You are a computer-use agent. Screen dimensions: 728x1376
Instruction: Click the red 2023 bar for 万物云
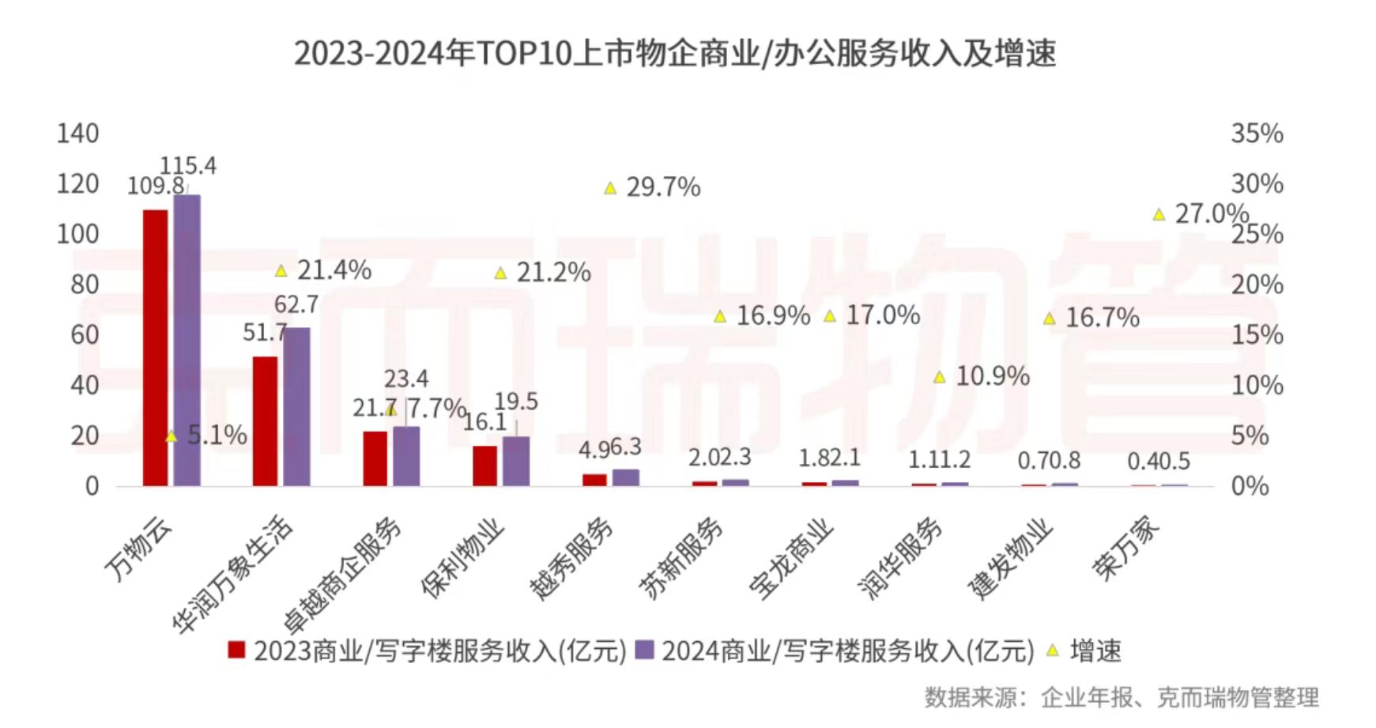pos(155,348)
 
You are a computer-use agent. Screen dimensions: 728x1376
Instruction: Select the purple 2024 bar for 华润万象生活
pos(296,406)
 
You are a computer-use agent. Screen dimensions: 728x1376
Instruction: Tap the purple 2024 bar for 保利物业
pos(516,461)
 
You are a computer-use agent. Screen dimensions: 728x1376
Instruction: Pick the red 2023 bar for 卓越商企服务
pos(375,458)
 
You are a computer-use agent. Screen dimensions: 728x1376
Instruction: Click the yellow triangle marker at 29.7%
pos(610,188)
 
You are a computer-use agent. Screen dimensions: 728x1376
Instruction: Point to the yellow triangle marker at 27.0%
pos(1159,214)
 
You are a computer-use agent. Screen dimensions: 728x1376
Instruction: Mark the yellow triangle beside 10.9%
pos(940,378)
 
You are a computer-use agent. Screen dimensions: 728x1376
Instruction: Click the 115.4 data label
pos(188,166)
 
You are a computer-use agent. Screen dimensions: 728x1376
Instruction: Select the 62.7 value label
pos(296,304)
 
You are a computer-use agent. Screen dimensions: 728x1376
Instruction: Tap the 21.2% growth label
pos(553,273)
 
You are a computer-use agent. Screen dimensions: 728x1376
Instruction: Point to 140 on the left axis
pos(77,134)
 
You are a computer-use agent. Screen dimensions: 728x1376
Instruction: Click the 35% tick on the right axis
pos(1257,134)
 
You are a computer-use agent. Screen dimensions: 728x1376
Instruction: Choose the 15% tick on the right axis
pos(1257,335)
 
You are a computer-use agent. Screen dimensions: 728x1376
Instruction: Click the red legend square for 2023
pos(236,651)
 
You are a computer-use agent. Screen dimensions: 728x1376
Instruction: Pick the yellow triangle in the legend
pos(1053,651)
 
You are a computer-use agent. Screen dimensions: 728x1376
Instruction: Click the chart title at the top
pos(675,54)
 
